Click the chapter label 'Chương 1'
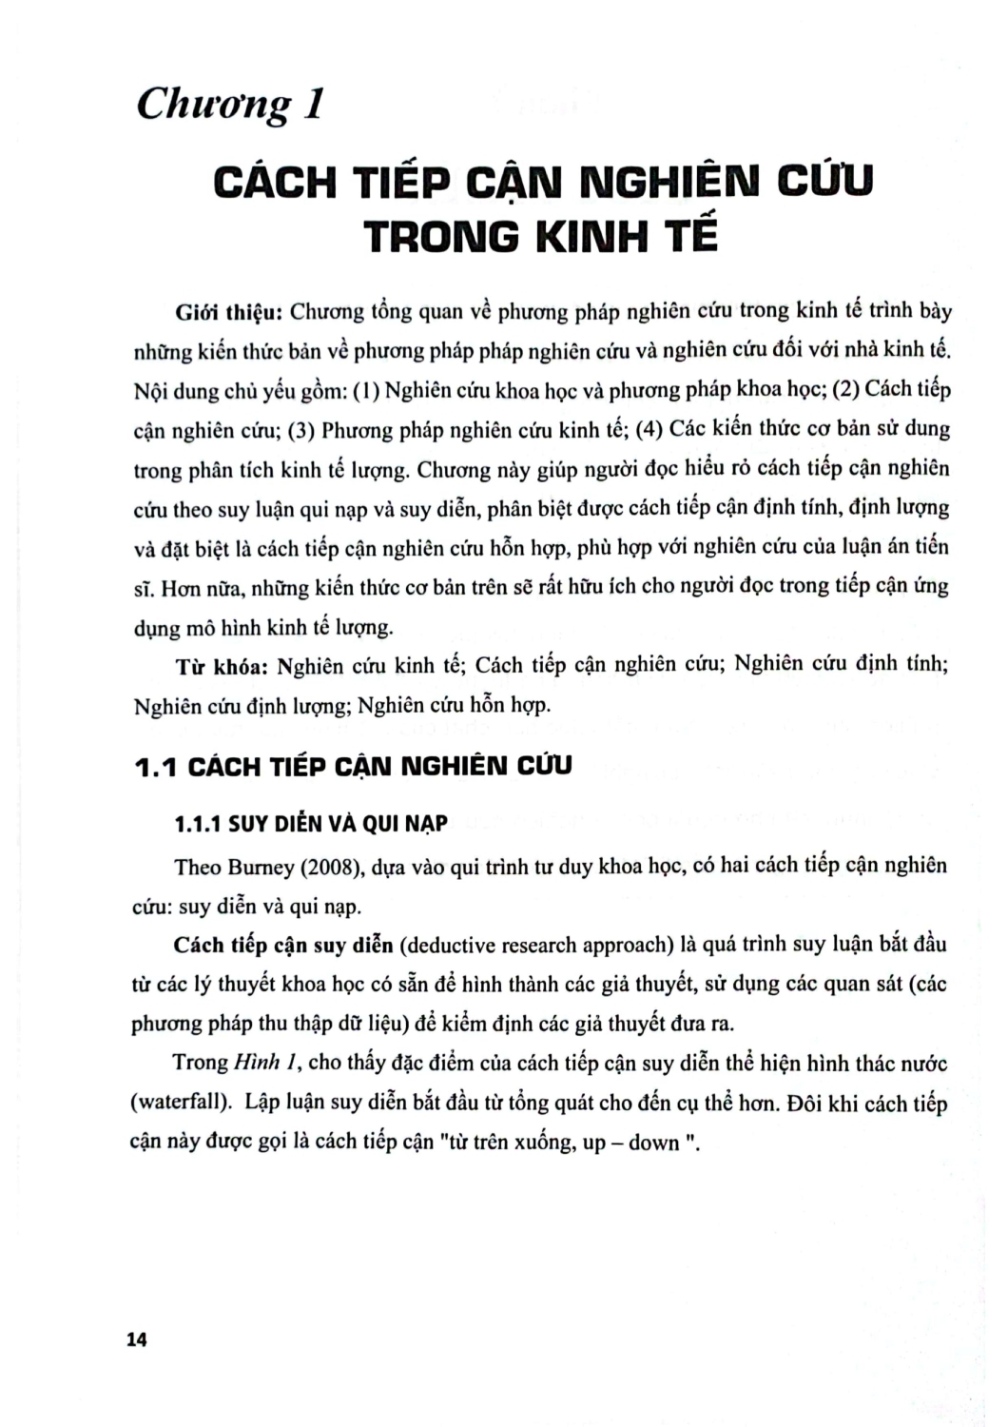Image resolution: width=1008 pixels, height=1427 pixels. click(229, 104)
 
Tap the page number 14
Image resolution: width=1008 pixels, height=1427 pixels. click(137, 1339)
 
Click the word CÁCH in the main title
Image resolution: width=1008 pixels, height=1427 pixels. click(275, 181)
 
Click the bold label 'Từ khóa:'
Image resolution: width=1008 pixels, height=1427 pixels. click(222, 666)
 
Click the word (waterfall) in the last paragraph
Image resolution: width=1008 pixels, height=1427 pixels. click(181, 1104)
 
